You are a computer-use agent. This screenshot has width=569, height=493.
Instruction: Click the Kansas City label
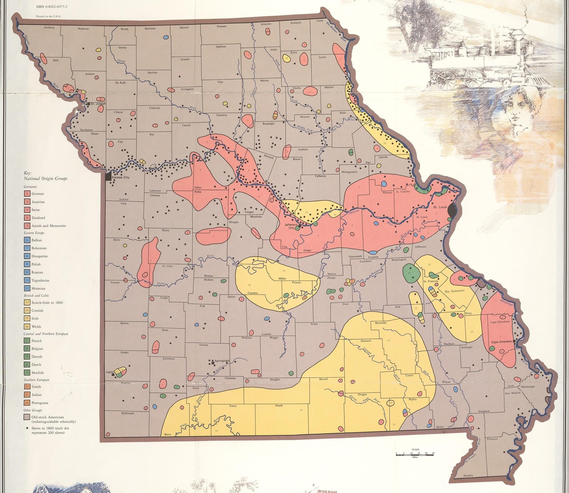click(x=120, y=177)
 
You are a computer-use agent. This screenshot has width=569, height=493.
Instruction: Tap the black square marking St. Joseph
click(x=88, y=104)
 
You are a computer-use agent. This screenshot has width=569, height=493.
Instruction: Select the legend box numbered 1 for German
click(x=27, y=193)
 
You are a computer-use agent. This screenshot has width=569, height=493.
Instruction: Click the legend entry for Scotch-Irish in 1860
click(x=47, y=302)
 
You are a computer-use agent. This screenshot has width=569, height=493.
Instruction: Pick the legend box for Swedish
click(x=27, y=372)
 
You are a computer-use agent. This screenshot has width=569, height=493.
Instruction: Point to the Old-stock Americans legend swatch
click(x=27, y=417)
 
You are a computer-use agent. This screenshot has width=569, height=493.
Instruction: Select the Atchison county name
click(x=49, y=28)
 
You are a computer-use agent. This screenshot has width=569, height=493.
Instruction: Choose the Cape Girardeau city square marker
click(x=514, y=341)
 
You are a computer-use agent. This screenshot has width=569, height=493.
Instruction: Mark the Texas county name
click(x=314, y=324)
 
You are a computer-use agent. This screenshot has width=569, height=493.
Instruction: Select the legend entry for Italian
click(x=36, y=395)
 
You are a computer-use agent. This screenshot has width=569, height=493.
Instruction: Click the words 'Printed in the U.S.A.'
click(x=49, y=16)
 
